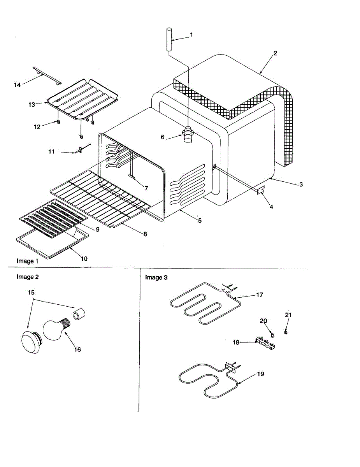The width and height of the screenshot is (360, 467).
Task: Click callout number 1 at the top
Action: point(191,35)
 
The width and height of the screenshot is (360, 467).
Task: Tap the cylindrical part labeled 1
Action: point(169,39)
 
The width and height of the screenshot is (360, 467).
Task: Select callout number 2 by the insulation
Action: point(275,53)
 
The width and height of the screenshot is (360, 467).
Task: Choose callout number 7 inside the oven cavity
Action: point(146,188)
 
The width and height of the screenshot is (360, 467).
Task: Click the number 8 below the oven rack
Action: point(145,234)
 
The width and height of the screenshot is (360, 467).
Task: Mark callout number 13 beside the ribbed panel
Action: point(32,104)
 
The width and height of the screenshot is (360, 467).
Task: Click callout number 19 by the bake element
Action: point(260,374)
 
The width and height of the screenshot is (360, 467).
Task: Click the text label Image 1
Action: point(27,261)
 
